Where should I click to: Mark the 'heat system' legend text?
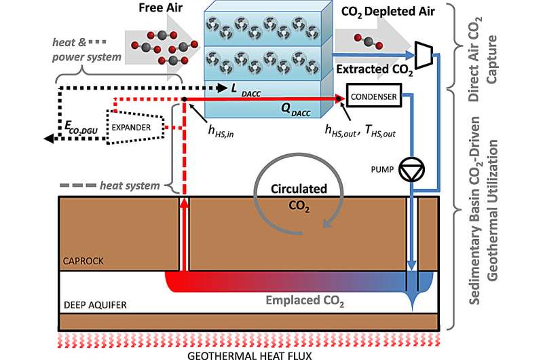pyautogui.click(x=129, y=185)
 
